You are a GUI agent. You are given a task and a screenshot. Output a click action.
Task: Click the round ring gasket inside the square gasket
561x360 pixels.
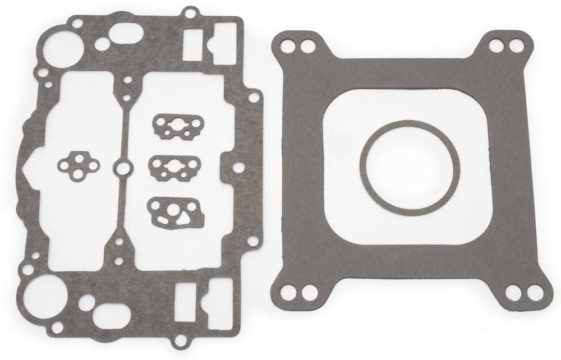410,126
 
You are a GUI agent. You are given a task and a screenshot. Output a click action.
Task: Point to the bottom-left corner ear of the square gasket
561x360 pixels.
296,290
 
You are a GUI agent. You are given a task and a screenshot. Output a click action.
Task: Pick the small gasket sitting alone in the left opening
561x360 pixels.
78,164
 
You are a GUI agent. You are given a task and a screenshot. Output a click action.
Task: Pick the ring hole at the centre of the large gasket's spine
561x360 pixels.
122,167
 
